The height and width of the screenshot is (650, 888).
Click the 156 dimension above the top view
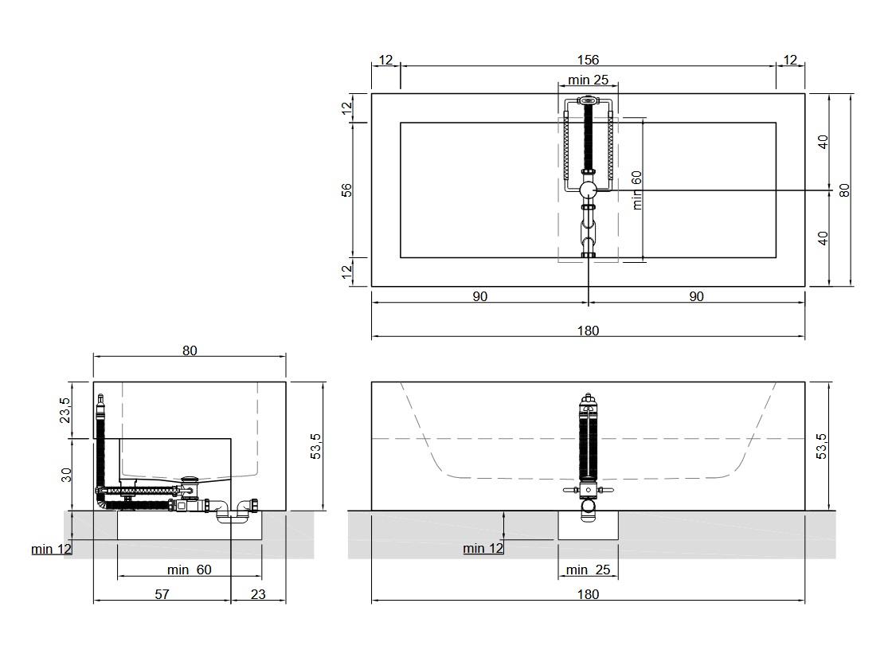[x=588, y=60]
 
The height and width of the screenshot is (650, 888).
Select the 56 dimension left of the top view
[x=346, y=190]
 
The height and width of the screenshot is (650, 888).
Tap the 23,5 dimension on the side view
[x=65, y=410]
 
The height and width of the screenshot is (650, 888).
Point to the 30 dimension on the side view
[x=66, y=475]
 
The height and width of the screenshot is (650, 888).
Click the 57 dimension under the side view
[x=162, y=594]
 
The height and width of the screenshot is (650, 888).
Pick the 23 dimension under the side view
[x=258, y=594]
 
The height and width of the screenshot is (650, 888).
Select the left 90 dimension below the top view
[x=479, y=296]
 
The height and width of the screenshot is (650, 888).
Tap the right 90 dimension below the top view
[x=697, y=296]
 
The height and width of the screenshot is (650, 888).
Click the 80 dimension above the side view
[x=190, y=350]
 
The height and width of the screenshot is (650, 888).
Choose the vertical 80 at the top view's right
[x=844, y=190]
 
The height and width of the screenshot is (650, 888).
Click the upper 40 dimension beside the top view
[x=823, y=142]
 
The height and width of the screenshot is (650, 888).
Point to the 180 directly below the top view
[x=588, y=331]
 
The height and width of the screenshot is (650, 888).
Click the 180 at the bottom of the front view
[x=588, y=594]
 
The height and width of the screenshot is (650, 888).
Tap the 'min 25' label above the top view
[x=588, y=80]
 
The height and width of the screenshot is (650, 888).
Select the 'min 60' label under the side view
[x=190, y=570]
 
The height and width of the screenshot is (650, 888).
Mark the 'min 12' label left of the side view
[x=52, y=549]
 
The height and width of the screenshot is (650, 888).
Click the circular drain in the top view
[x=588, y=190]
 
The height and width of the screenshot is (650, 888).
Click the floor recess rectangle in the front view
[x=588, y=525]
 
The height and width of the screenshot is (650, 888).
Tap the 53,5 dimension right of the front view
[x=822, y=446]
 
